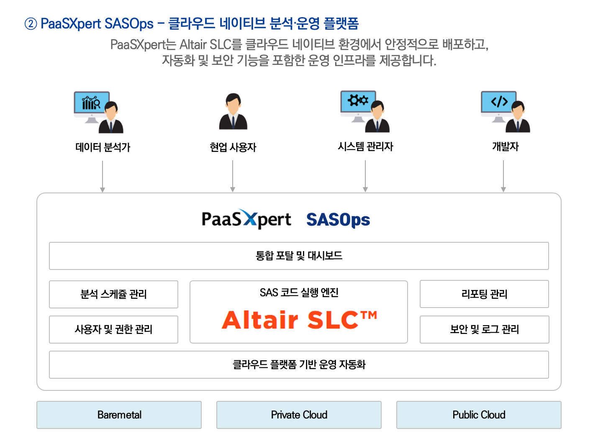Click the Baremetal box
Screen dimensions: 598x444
[x=119, y=415]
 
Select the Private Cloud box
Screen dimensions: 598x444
[x=299, y=415]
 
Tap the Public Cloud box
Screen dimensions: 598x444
[x=479, y=415]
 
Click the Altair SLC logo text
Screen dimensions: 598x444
[x=299, y=320]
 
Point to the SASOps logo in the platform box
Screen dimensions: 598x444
[x=338, y=220]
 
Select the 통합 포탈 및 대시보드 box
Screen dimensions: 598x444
[x=299, y=256]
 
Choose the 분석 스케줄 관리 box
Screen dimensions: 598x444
[x=113, y=294]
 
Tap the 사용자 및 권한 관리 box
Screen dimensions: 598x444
[x=113, y=329]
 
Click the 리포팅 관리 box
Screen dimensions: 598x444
[x=484, y=294]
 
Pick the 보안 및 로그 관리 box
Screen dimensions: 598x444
[x=484, y=329]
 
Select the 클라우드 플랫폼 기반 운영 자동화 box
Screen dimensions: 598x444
[x=299, y=364]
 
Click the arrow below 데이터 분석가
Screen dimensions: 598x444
[x=103, y=177]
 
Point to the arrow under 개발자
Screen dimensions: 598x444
[x=503, y=176]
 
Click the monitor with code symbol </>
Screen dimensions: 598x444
[x=498, y=107]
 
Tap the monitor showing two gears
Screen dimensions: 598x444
[x=358, y=106]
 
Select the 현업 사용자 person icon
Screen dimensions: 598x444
[x=233, y=111]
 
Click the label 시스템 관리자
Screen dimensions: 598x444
[x=365, y=146]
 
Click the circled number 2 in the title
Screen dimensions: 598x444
[x=31, y=24]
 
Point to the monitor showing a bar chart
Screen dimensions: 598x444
[x=92, y=107]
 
